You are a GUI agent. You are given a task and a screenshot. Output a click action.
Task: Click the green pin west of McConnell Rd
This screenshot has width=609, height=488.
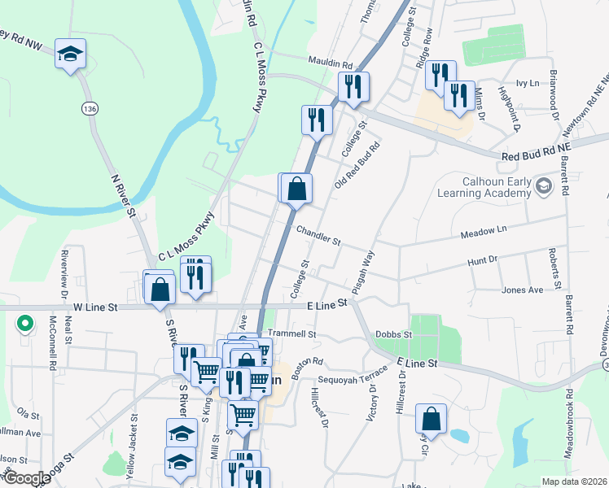24,324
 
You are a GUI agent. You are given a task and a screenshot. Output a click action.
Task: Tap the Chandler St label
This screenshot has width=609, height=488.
318,235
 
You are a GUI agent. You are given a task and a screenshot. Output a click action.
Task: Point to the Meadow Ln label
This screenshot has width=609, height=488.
484,230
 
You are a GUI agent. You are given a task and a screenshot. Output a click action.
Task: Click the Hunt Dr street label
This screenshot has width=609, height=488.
482,261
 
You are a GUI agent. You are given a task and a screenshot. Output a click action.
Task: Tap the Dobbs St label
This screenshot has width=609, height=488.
393,334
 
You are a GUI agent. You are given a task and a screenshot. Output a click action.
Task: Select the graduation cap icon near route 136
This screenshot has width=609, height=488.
71,54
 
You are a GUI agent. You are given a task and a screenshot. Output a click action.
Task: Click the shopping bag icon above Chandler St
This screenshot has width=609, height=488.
298,188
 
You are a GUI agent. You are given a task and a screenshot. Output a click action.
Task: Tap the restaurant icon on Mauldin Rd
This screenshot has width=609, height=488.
353,85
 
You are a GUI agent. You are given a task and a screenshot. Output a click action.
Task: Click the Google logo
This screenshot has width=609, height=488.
26,478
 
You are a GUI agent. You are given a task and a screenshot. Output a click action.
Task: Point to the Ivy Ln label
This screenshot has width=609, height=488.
528,83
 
